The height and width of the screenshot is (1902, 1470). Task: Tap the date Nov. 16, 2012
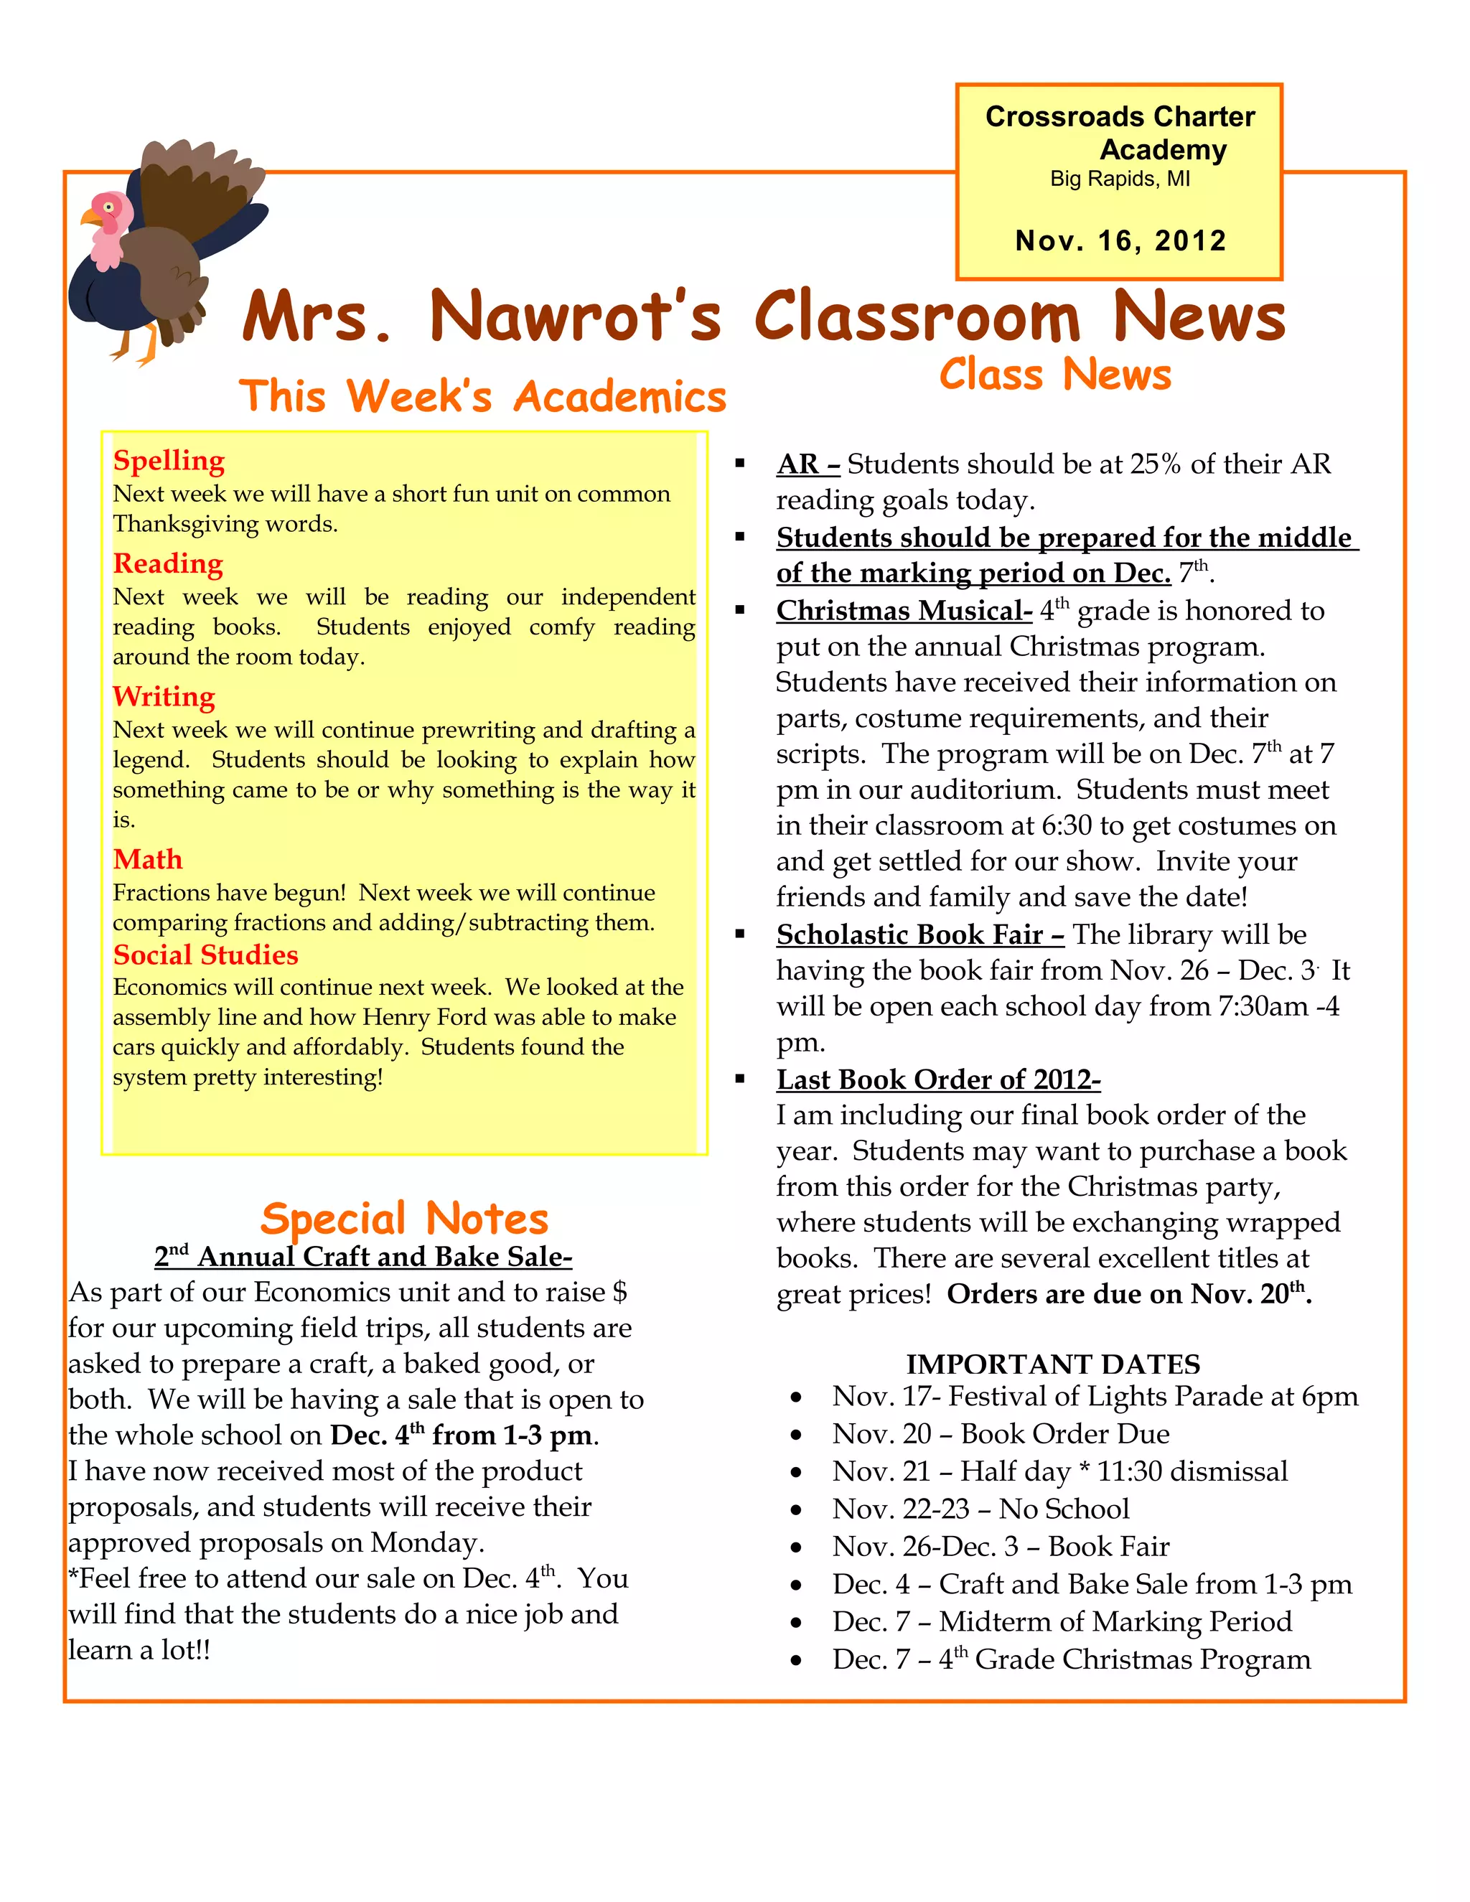[x=1120, y=240]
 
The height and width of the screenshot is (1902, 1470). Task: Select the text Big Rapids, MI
[x=1119, y=179]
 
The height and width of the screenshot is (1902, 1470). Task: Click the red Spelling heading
[x=169, y=460]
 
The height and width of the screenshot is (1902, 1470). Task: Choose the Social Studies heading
[x=205, y=955]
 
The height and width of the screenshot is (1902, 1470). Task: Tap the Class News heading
[x=1055, y=375]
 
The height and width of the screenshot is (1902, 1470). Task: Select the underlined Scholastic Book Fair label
[x=919, y=934]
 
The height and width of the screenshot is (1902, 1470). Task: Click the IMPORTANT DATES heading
[x=1053, y=1364]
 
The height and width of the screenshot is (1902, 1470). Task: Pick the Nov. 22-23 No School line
[x=980, y=1509]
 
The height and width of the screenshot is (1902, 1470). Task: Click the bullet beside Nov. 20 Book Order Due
[x=796, y=1435]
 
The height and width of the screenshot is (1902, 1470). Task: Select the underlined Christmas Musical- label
[x=904, y=611]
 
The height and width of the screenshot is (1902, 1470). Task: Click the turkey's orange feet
[x=139, y=348]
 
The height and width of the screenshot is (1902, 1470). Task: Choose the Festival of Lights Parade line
[x=1095, y=1396]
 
